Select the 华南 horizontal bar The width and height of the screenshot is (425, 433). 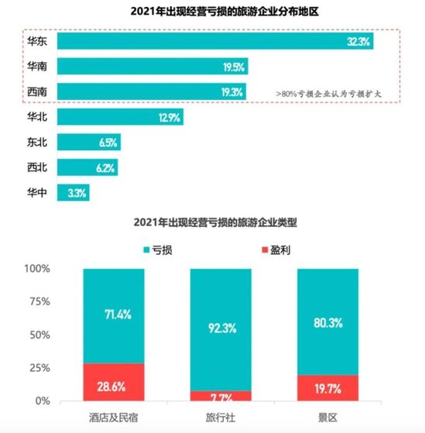point(152,67)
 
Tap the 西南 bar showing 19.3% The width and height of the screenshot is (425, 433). point(151,91)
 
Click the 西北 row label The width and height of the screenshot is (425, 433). point(38,167)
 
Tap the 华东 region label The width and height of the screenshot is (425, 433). point(38,42)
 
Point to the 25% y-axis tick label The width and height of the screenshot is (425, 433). point(39,368)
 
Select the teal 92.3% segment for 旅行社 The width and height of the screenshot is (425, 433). point(221,329)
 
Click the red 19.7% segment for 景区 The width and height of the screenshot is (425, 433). point(327,388)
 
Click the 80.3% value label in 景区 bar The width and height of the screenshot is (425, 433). point(327,322)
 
